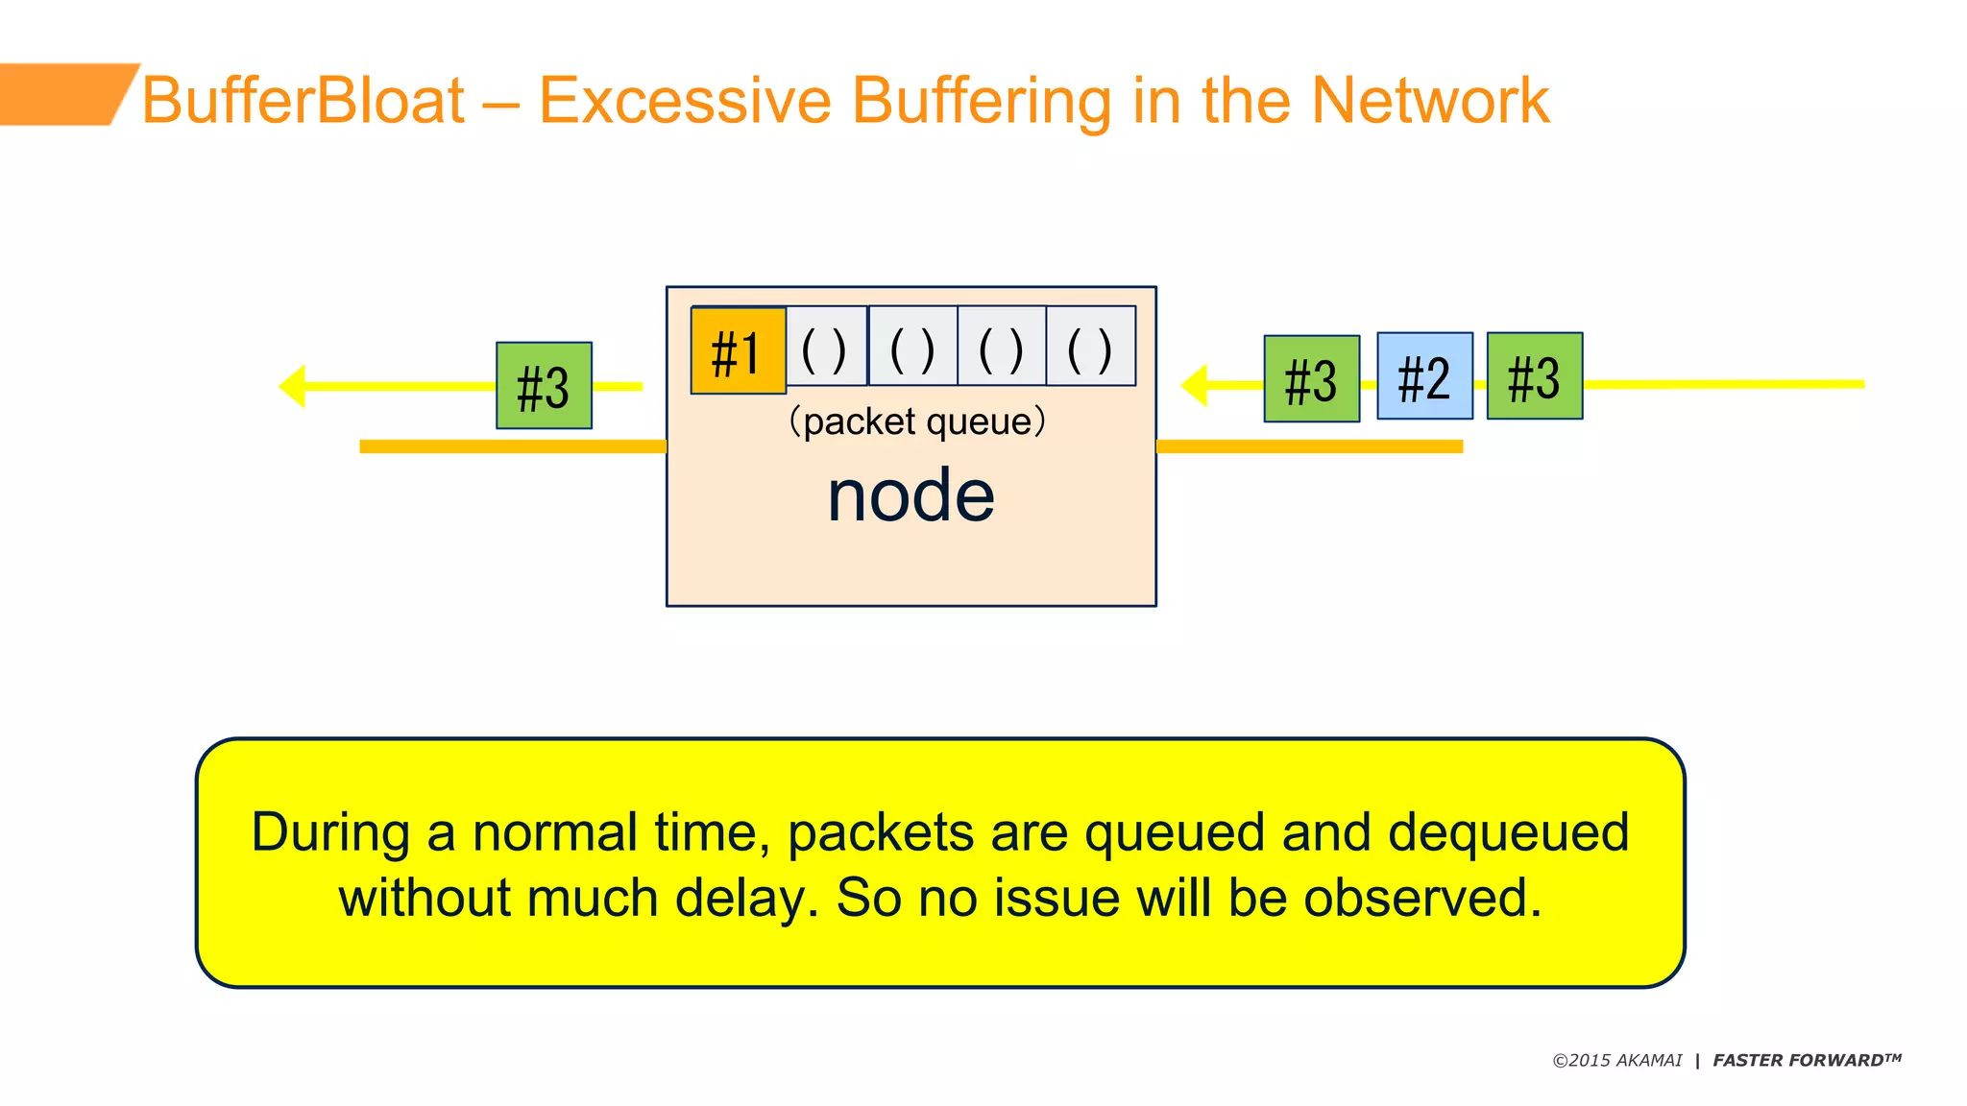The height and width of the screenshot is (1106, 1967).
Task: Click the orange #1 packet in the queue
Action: [x=738, y=351]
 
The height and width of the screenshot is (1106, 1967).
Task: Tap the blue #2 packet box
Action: [x=1424, y=376]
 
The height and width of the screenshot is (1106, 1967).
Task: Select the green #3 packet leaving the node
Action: [x=544, y=386]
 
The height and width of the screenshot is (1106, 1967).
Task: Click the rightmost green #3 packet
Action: [x=1534, y=376]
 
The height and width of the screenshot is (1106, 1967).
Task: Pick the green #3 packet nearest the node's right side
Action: [x=1311, y=379]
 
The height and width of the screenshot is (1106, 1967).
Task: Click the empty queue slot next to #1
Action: [x=825, y=348]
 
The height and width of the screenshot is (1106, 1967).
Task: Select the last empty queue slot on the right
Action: [x=1090, y=348]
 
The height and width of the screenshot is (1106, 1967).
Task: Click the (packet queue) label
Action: [x=916, y=421]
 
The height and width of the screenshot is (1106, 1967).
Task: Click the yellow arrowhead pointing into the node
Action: [x=1195, y=385]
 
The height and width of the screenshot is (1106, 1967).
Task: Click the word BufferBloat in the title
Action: [x=304, y=101]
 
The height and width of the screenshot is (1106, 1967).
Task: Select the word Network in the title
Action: [x=1430, y=101]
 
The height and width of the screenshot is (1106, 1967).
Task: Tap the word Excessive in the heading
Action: [x=684, y=101]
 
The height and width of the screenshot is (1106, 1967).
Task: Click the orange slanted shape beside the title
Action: [x=62, y=94]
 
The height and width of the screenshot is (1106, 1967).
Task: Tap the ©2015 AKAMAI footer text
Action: [x=1616, y=1061]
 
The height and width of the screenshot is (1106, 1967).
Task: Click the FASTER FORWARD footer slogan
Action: [x=1806, y=1061]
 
